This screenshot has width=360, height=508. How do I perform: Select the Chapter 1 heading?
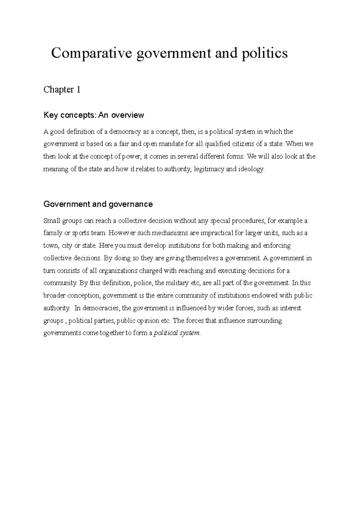[62, 90]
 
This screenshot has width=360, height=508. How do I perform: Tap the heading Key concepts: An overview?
[94, 115]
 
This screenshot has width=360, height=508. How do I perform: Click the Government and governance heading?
[98, 204]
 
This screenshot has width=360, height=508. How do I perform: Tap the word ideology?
[251, 169]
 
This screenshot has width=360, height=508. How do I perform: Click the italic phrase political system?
[176, 333]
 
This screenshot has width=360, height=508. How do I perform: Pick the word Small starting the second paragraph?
[52, 221]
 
